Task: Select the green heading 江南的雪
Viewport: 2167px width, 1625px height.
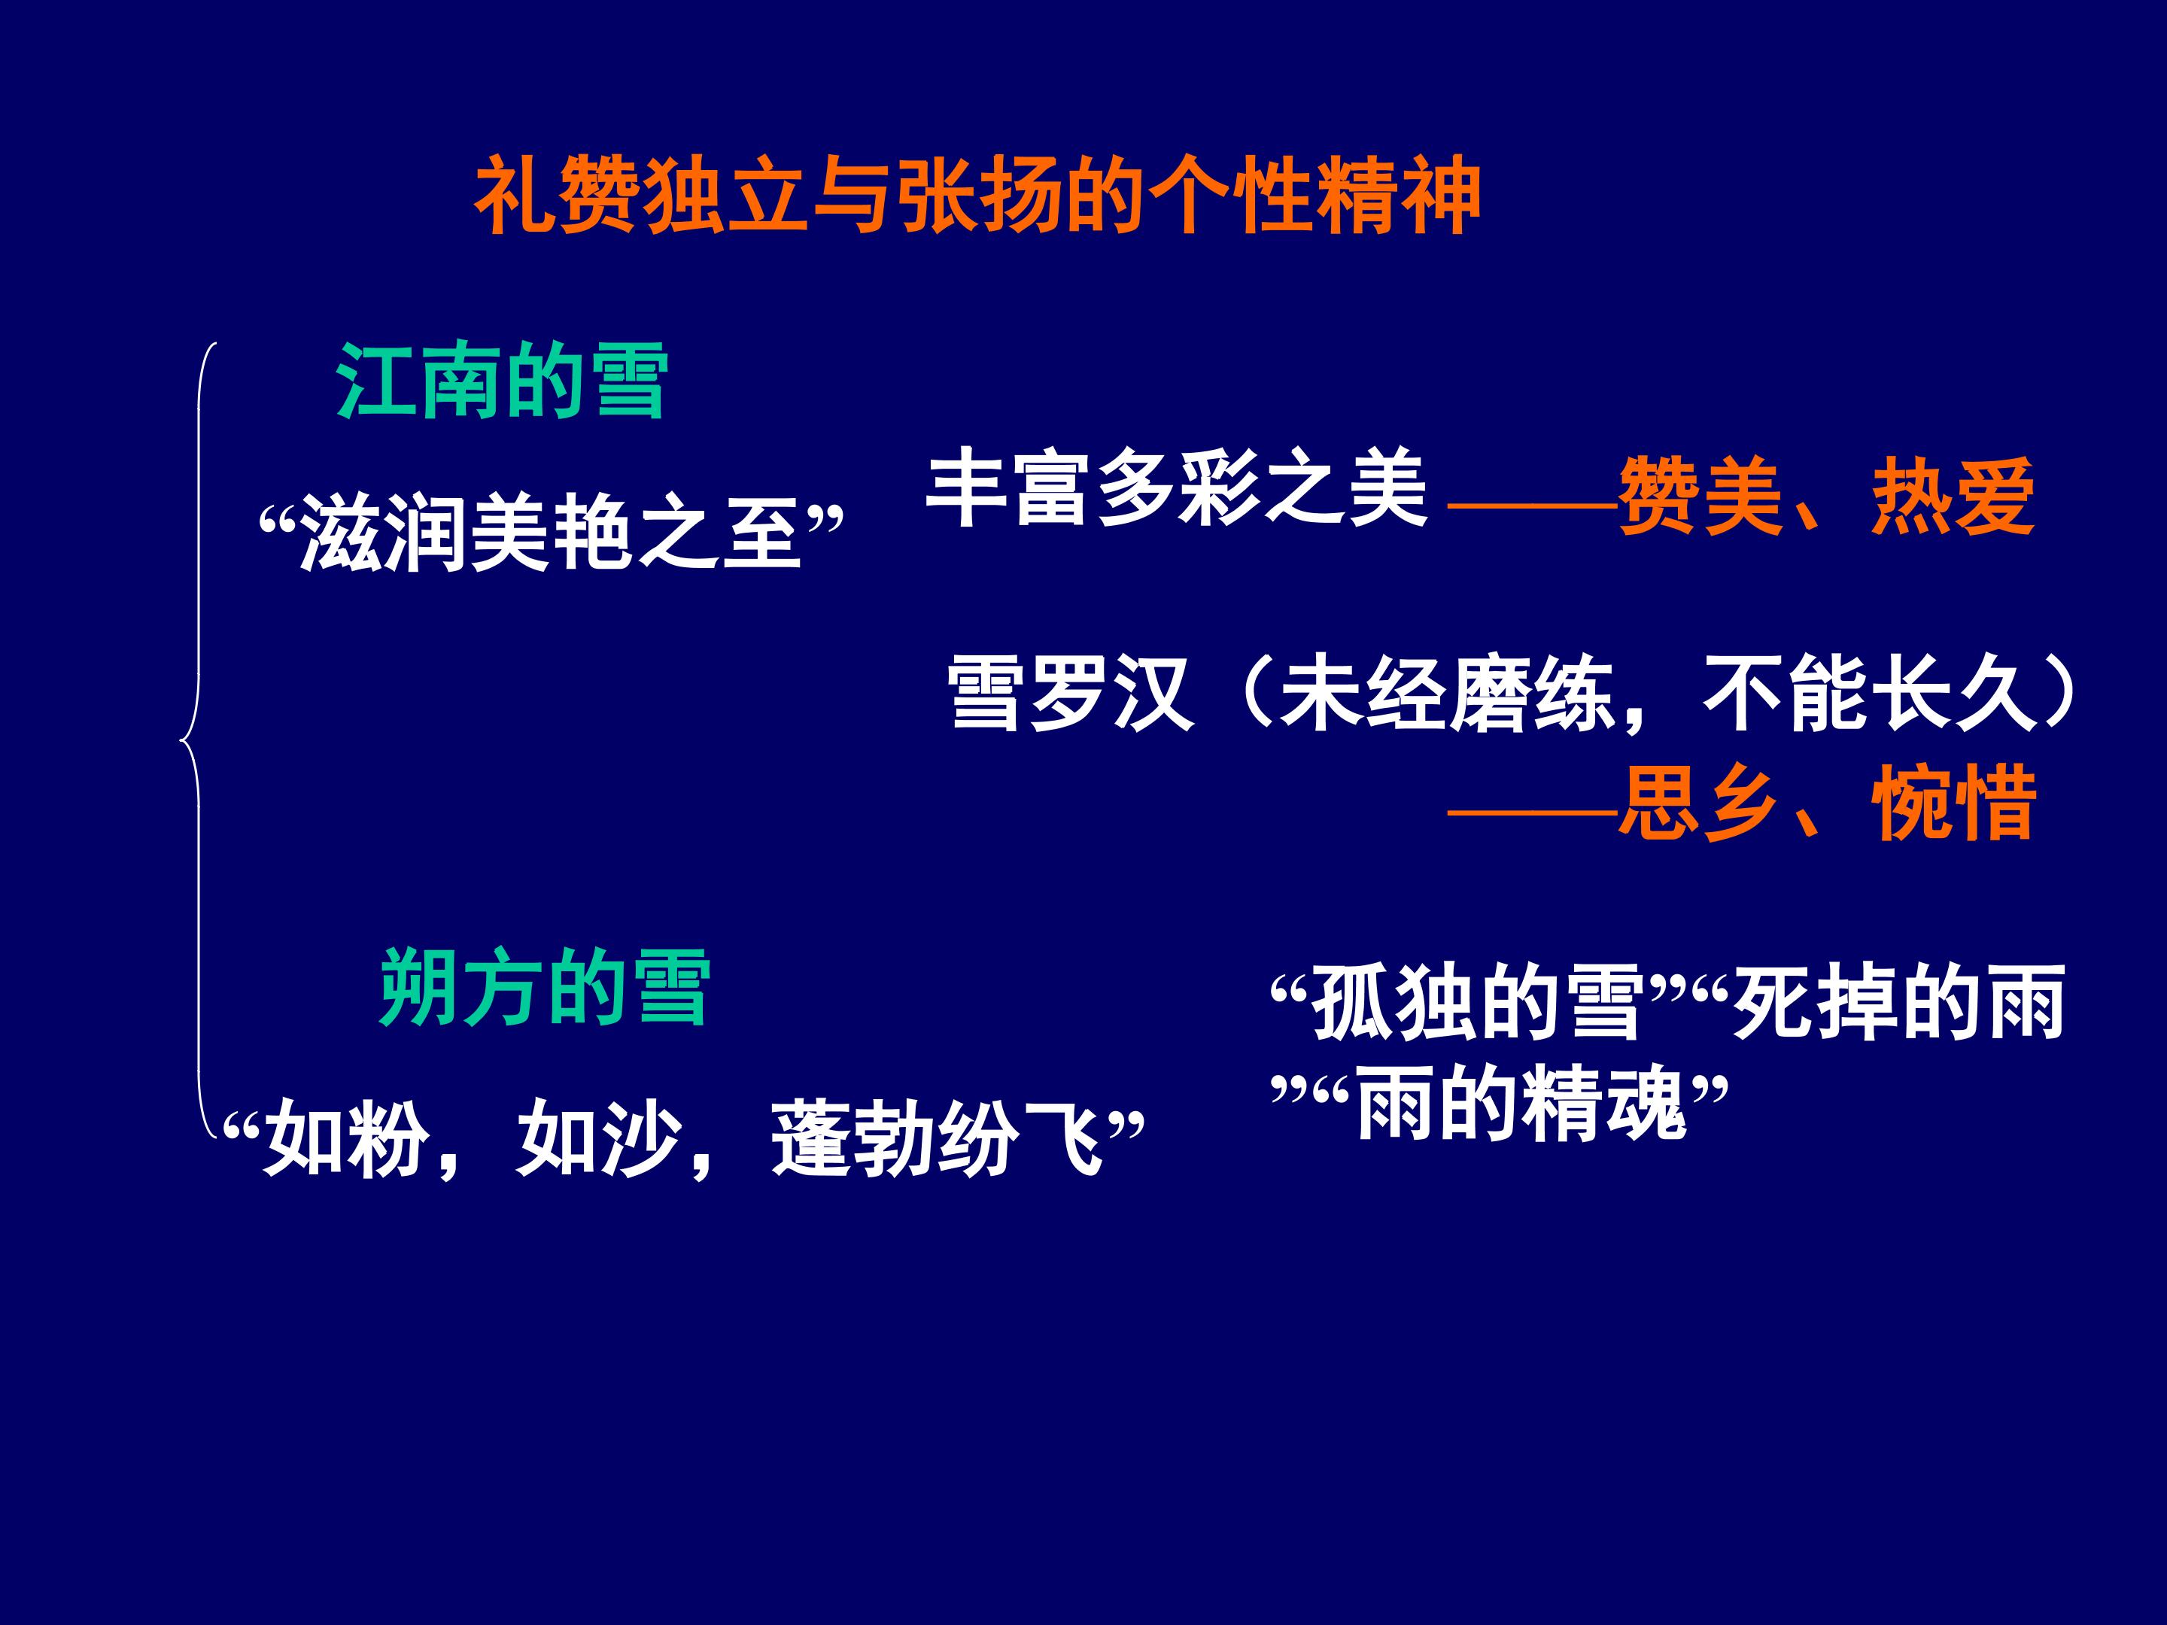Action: [x=502, y=382]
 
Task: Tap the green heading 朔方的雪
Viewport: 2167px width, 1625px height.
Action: [x=545, y=987]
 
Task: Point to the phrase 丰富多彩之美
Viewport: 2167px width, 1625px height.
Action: [x=1175, y=489]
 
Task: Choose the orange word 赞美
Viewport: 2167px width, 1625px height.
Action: [x=1700, y=497]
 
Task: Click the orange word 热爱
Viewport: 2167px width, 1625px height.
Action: [x=1953, y=497]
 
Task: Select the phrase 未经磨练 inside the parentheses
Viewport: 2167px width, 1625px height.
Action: [x=1446, y=693]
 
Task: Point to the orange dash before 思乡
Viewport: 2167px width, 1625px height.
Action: [x=1533, y=811]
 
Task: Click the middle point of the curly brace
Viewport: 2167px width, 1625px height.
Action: [x=182, y=739]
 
